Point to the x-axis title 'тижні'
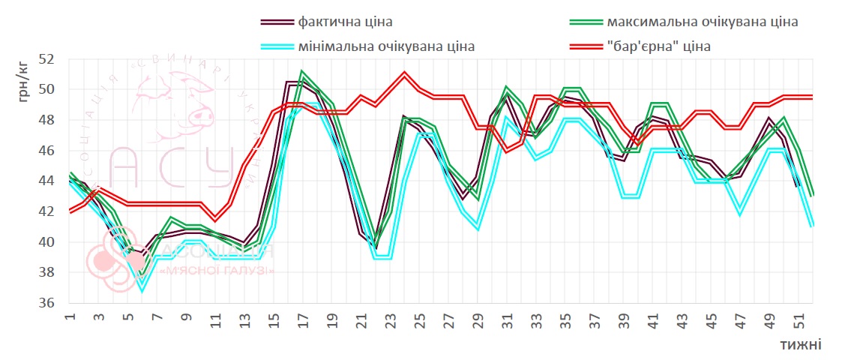point(800,344)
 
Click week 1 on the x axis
point(70,318)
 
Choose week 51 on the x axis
point(799,318)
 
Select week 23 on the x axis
point(390,318)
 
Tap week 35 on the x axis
point(565,318)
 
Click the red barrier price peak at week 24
point(405,73)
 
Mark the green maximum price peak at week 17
point(302,72)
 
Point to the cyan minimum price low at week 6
point(142,289)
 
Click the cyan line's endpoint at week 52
point(813,225)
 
